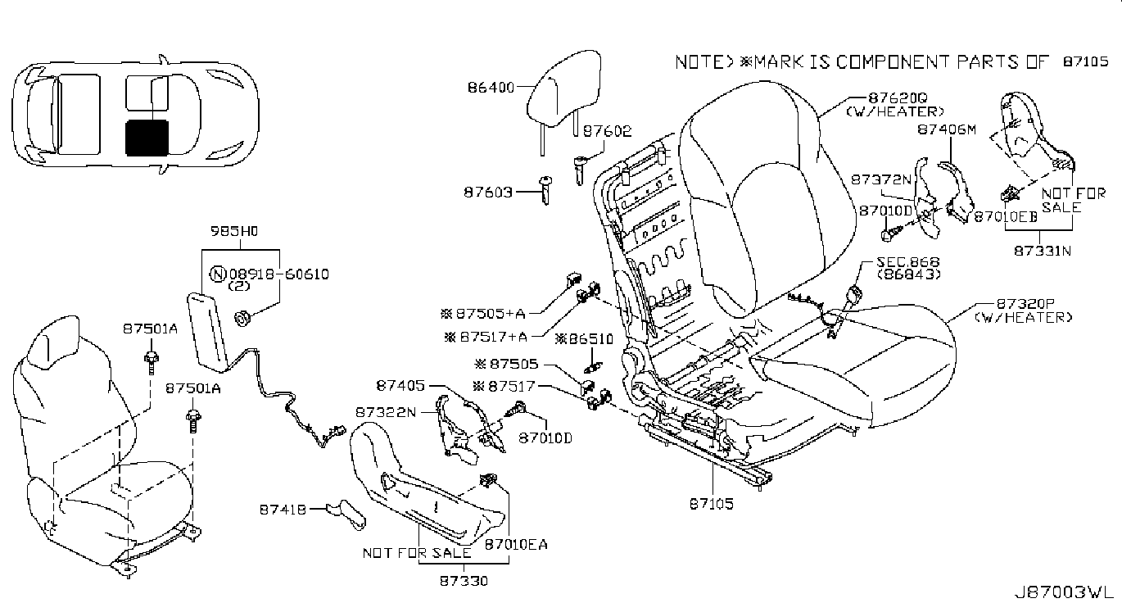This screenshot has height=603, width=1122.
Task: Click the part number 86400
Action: [491, 88]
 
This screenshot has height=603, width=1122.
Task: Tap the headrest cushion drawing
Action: [563, 88]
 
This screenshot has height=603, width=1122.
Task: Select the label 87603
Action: [488, 193]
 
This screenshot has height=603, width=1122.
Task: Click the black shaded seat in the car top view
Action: [147, 138]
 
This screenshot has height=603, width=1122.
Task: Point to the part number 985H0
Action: [234, 231]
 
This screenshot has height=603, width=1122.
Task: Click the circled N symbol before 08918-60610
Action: [218, 274]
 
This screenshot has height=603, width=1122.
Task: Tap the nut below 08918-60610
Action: [243, 318]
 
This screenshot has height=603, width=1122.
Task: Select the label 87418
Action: [283, 510]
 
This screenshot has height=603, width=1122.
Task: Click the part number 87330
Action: [464, 581]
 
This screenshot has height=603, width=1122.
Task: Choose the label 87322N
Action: [386, 413]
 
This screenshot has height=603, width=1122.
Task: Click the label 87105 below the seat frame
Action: [711, 504]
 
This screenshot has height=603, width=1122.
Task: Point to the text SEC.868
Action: [908, 262]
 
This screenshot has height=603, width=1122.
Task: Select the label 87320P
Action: [1025, 304]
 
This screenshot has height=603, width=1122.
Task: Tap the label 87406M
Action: [947, 129]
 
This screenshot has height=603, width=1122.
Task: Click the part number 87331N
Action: [1043, 251]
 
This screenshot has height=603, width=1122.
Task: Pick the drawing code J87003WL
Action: [1061, 592]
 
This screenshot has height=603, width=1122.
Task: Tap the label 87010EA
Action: [516, 544]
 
